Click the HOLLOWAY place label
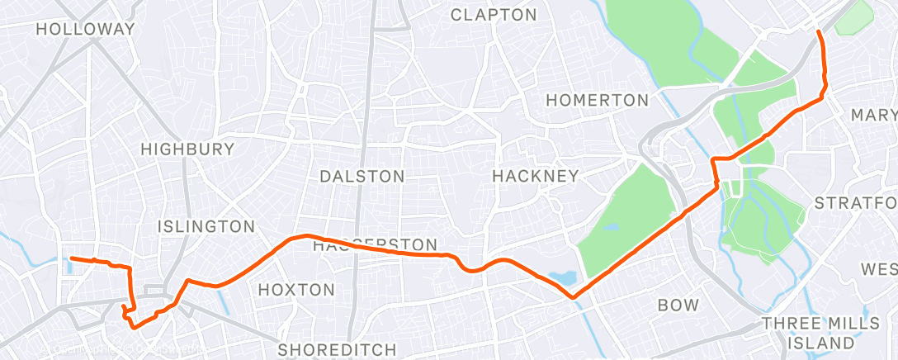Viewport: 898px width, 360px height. click(85, 28)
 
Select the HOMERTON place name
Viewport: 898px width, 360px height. click(598, 100)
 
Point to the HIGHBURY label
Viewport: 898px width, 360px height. click(187, 149)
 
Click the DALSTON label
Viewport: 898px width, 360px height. click(362, 176)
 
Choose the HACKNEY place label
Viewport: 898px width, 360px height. click(535, 176)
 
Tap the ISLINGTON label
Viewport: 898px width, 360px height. click(206, 226)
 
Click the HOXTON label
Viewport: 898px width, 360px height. click(296, 290)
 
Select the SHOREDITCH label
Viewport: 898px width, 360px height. click(337, 349)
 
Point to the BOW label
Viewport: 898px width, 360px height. click(678, 305)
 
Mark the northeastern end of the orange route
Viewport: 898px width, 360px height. click(818, 31)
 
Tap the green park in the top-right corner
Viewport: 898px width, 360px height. click(855, 18)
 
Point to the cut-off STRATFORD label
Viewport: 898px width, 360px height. click(855, 202)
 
